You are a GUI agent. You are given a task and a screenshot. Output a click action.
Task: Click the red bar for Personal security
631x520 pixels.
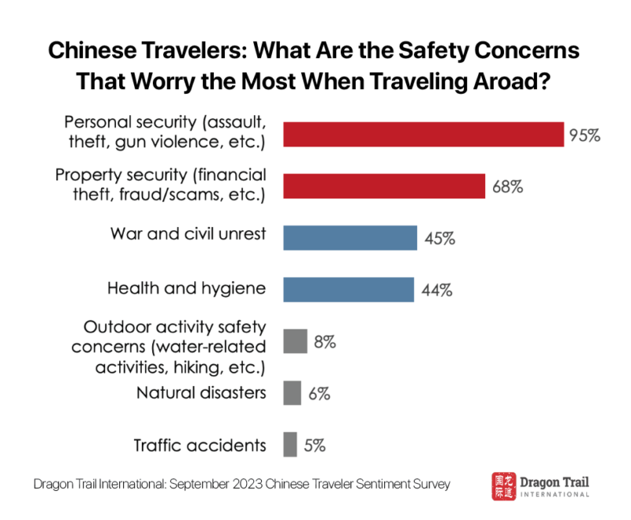[423, 135]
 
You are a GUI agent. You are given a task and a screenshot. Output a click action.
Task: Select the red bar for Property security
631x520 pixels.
[384, 187]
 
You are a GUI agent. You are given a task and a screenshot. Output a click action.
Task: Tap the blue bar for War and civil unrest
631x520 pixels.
[350, 238]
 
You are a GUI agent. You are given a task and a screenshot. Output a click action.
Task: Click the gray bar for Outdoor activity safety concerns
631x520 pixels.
[294, 341]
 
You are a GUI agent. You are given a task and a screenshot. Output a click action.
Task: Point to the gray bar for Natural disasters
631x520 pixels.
[292, 392]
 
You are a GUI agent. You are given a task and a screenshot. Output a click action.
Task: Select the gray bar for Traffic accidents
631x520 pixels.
[290, 444]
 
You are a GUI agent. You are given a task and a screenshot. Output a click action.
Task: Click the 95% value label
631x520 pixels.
[584, 136]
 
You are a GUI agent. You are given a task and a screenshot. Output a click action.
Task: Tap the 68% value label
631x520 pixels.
[507, 188]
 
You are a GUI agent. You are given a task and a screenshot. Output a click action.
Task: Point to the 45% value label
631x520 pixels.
[439, 239]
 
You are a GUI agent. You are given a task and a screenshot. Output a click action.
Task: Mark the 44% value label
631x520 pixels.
[435, 290]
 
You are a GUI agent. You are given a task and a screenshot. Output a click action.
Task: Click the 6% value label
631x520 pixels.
[319, 393]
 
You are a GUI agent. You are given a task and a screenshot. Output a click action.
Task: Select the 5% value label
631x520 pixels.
[315, 444]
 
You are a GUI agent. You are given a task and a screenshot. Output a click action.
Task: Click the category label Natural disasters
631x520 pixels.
[200, 392]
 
